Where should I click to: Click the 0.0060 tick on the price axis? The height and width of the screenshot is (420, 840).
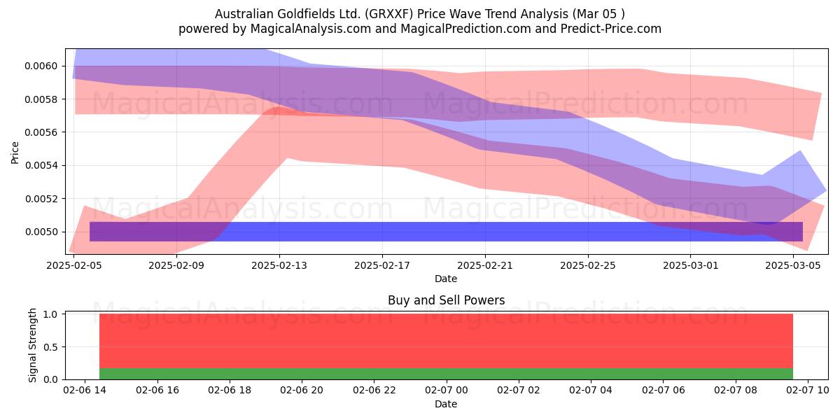click(41, 66)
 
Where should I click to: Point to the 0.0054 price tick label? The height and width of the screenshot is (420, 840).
click(41, 166)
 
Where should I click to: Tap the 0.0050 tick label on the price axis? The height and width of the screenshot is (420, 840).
click(41, 232)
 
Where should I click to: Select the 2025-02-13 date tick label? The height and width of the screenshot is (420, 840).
click(279, 266)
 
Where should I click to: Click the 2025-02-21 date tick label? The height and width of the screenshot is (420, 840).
click(485, 266)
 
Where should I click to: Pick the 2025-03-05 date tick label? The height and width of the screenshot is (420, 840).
click(793, 266)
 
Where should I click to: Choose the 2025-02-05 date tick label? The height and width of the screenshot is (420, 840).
click(74, 266)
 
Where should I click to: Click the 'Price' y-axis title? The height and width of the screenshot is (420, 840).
click(15, 153)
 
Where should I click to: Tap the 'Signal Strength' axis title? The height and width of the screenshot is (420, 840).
click(33, 345)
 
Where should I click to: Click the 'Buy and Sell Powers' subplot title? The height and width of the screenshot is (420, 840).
click(447, 300)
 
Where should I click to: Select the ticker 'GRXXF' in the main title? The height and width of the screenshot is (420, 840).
click(391, 14)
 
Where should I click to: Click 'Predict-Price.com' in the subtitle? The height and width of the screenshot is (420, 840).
click(611, 29)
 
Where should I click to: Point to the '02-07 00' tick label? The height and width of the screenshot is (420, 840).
click(447, 391)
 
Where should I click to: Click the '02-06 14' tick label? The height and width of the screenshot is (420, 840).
click(85, 391)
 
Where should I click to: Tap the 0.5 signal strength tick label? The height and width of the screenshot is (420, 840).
click(50, 347)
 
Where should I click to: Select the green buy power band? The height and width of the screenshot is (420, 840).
click(447, 374)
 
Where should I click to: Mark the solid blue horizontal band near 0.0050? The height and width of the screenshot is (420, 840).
click(447, 232)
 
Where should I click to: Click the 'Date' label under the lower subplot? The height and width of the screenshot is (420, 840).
click(446, 405)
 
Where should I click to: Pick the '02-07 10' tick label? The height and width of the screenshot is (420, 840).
click(807, 391)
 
